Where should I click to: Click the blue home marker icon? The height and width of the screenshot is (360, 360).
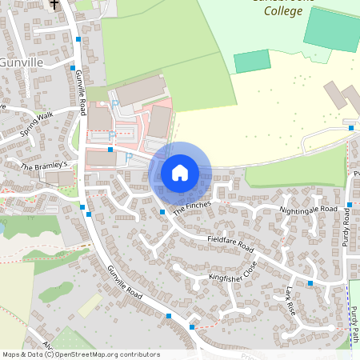click(x=180, y=172)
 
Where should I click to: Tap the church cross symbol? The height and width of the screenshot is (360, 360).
click(x=54, y=4)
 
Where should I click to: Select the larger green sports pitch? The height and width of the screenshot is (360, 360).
click(x=331, y=30)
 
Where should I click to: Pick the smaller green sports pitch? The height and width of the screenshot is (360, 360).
click(x=252, y=61)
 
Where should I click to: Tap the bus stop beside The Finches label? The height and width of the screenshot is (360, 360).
click(x=162, y=211)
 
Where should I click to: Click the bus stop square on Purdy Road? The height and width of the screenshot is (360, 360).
click(x=350, y=206)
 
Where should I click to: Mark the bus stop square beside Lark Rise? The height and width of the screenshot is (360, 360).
click(x=310, y=283)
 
